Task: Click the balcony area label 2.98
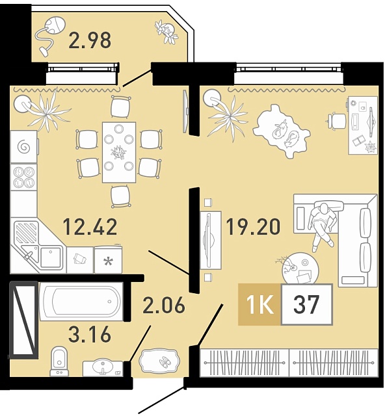pos(90,40)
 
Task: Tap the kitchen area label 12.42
pos(90,227)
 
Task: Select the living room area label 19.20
pos(253,227)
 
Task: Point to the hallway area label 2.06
pos(163,305)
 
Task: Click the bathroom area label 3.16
pos(90,334)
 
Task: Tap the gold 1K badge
pos(259,304)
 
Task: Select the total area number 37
pos(307,305)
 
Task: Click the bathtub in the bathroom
pos(81,301)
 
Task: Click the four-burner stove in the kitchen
pos(23,177)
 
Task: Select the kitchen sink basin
pos(50,257)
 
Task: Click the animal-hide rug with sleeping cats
pos(282,131)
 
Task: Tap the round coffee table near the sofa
pos(300,268)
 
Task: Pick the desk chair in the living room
pos(337,121)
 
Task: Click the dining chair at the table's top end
pos(120,107)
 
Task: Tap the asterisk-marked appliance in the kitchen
pos(108,259)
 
